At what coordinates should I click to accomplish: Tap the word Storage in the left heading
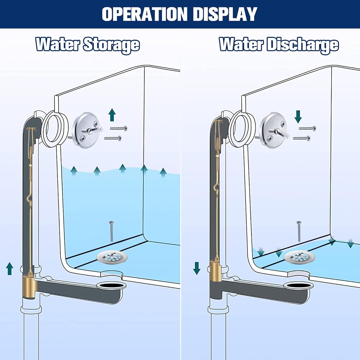112,45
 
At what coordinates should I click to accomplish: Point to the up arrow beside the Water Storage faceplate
112,115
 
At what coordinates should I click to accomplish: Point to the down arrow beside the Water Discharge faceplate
298,116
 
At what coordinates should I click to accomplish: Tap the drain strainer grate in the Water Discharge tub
300,257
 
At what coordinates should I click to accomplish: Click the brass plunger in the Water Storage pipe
30,287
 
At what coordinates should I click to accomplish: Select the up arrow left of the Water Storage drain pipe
9,269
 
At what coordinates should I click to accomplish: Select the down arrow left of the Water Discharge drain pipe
197,268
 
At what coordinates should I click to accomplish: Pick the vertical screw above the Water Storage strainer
111,231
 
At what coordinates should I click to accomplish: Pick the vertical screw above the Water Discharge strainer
299,231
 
